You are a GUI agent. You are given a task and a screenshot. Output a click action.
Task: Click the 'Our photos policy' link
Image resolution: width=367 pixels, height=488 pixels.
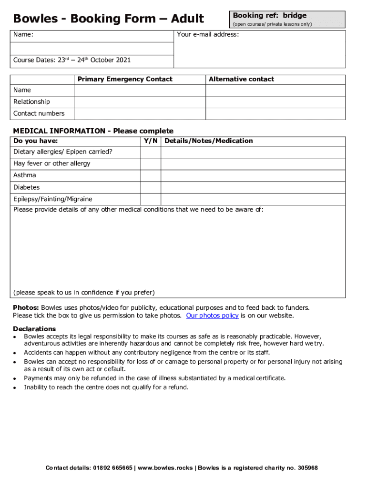[212, 315]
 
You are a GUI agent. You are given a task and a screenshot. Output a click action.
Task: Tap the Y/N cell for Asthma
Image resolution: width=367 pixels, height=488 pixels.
[150, 175]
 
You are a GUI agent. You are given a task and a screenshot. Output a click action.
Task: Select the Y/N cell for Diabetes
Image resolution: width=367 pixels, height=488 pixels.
[150, 187]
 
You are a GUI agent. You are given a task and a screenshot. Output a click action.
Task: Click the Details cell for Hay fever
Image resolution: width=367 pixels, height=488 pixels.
[253, 163]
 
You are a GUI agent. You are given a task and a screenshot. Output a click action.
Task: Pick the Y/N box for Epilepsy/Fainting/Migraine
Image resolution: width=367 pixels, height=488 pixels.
[150, 199]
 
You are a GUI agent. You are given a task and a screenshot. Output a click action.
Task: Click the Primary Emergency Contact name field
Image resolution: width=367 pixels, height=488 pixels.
[139, 90]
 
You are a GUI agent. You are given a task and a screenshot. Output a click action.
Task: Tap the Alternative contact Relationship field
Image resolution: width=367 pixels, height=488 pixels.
[275, 102]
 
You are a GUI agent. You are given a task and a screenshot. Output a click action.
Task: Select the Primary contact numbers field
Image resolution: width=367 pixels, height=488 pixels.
[139, 113]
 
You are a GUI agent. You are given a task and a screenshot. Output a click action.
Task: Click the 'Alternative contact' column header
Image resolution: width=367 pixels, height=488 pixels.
[241, 79]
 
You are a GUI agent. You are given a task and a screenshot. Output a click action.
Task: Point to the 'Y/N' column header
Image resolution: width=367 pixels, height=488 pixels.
[150, 141]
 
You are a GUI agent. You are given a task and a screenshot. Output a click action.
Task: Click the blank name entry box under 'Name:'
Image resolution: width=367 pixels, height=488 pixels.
[93, 49]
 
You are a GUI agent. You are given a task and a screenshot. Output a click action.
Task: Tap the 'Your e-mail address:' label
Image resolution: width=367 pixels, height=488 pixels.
[208, 35]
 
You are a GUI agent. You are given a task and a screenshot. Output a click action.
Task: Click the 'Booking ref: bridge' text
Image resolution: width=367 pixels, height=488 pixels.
[269, 15]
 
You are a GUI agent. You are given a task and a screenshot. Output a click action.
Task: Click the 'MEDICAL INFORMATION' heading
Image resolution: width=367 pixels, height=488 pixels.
[59, 131]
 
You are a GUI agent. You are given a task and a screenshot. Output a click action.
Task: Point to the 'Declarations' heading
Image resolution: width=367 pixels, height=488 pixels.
[34, 329]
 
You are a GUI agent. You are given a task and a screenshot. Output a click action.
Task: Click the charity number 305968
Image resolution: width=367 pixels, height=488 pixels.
[308, 468]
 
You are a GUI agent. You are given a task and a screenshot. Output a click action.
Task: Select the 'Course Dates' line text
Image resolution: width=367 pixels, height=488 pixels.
[72, 60]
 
